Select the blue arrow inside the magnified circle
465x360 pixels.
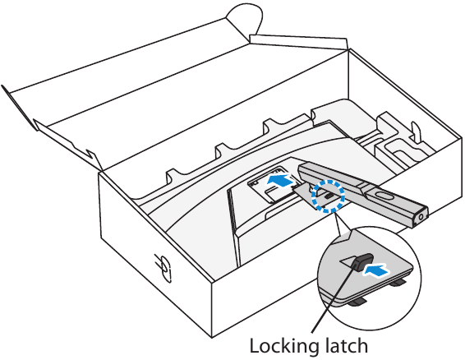pos(376,271)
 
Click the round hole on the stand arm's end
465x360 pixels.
pos(421,217)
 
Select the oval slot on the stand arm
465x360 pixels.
pos(384,196)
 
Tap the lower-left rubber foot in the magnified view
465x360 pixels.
pos(357,302)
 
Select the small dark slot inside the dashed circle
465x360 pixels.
pos(329,196)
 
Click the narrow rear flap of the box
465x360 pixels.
pos(298,42)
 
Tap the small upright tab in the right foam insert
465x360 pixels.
pos(416,129)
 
